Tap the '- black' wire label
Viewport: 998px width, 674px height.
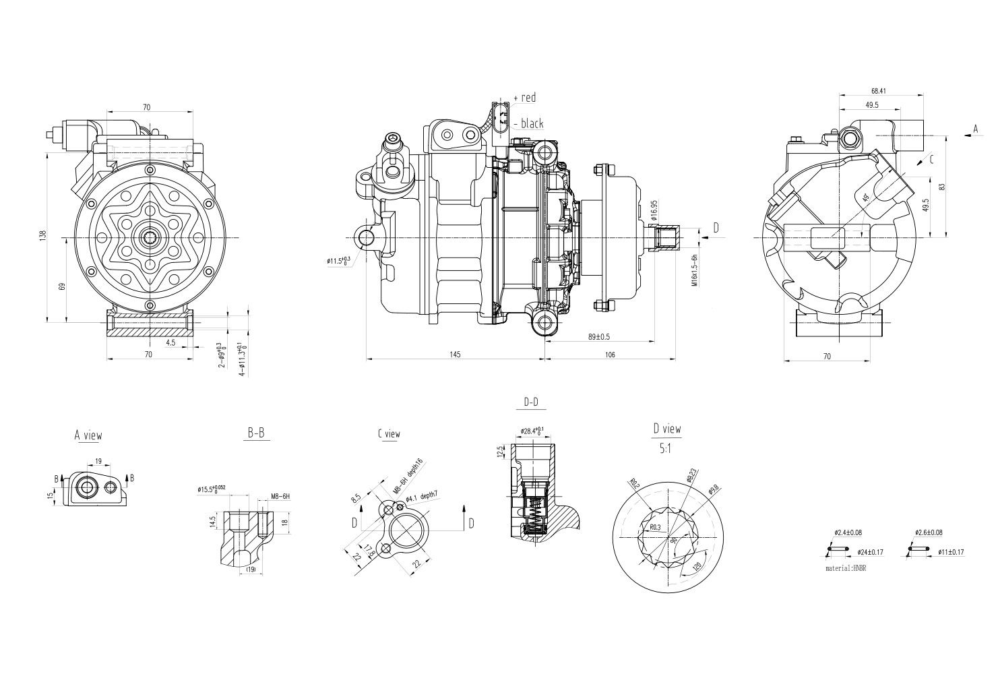[x=529, y=123]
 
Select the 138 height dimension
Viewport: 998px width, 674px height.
[x=42, y=236]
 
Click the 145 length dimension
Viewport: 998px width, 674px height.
[x=455, y=355]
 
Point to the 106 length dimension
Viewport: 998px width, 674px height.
[x=611, y=355]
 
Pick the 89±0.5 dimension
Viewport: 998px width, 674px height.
[x=599, y=336]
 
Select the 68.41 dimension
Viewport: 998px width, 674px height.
[x=878, y=90]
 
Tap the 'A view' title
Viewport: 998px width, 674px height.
[x=88, y=435]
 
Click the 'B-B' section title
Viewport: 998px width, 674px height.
[x=255, y=434]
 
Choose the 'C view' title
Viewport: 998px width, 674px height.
[x=389, y=434]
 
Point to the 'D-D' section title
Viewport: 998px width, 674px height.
[x=531, y=403]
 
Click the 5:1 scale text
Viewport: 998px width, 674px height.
[x=666, y=447]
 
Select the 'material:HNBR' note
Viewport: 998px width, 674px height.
[x=846, y=569]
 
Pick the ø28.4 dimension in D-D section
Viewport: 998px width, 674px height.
[x=532, y=431]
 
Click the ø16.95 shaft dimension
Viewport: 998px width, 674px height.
[x=653, y=210]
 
